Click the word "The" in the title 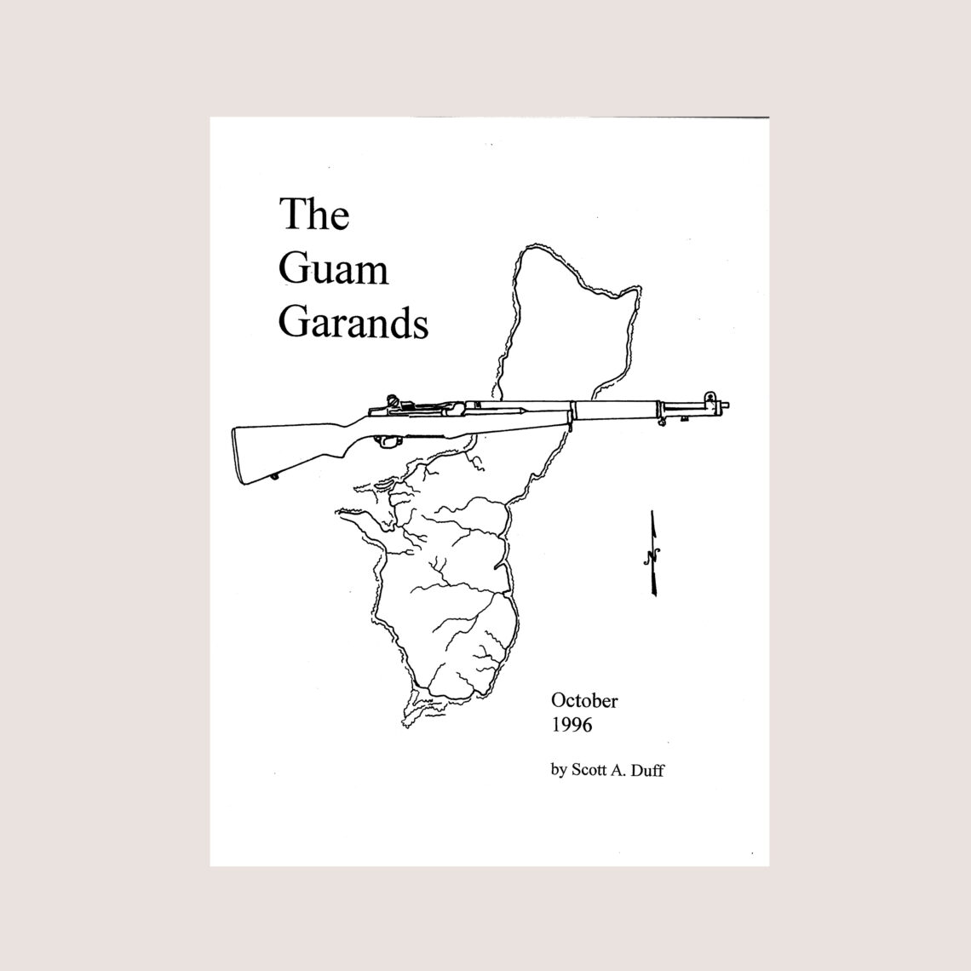click(x=314, y=215)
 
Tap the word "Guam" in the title click(x=333, y=270)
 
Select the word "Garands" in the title click(x=353, y=324)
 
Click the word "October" click(x=584, y=701)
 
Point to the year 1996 click(x=572, y=726)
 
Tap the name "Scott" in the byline click(x=592, y=770)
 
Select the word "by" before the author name click(x=559, y=771)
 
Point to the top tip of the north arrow click(x=652, y=512)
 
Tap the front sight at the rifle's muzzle click(x=709, y=397)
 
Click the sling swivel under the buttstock click(x=273, y=477)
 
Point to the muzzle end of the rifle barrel click(x=727, y=406)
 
